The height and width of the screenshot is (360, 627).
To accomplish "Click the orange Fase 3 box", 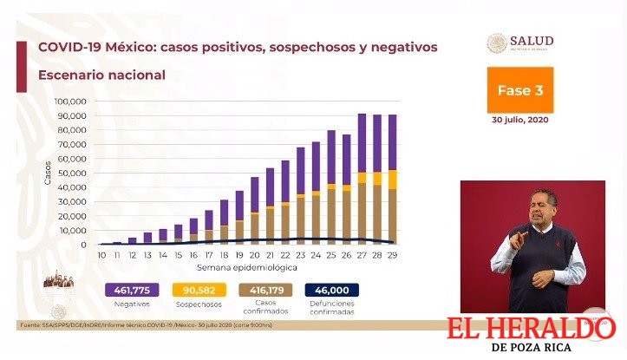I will [520, 89].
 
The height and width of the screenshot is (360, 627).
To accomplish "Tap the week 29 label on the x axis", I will [392, 256].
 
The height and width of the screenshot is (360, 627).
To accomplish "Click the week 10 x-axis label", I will [102, 256].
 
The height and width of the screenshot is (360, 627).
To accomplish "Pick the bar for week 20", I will [255, 210].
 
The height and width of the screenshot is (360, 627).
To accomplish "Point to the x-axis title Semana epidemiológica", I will [247, 268].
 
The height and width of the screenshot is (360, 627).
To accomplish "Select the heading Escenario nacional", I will [101, 75].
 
